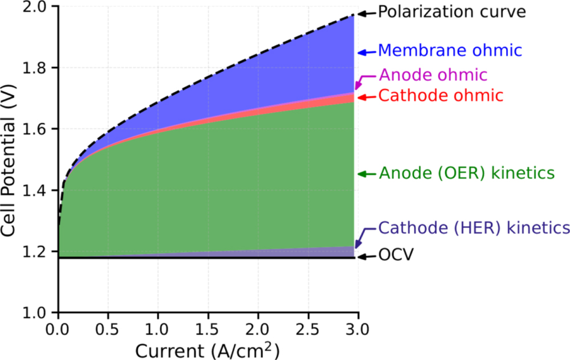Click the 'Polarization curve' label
452,12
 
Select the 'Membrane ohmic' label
450,51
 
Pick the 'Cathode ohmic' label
441,96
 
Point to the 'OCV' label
396,256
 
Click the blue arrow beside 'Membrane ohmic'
366,52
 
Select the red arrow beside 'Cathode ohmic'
366,97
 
